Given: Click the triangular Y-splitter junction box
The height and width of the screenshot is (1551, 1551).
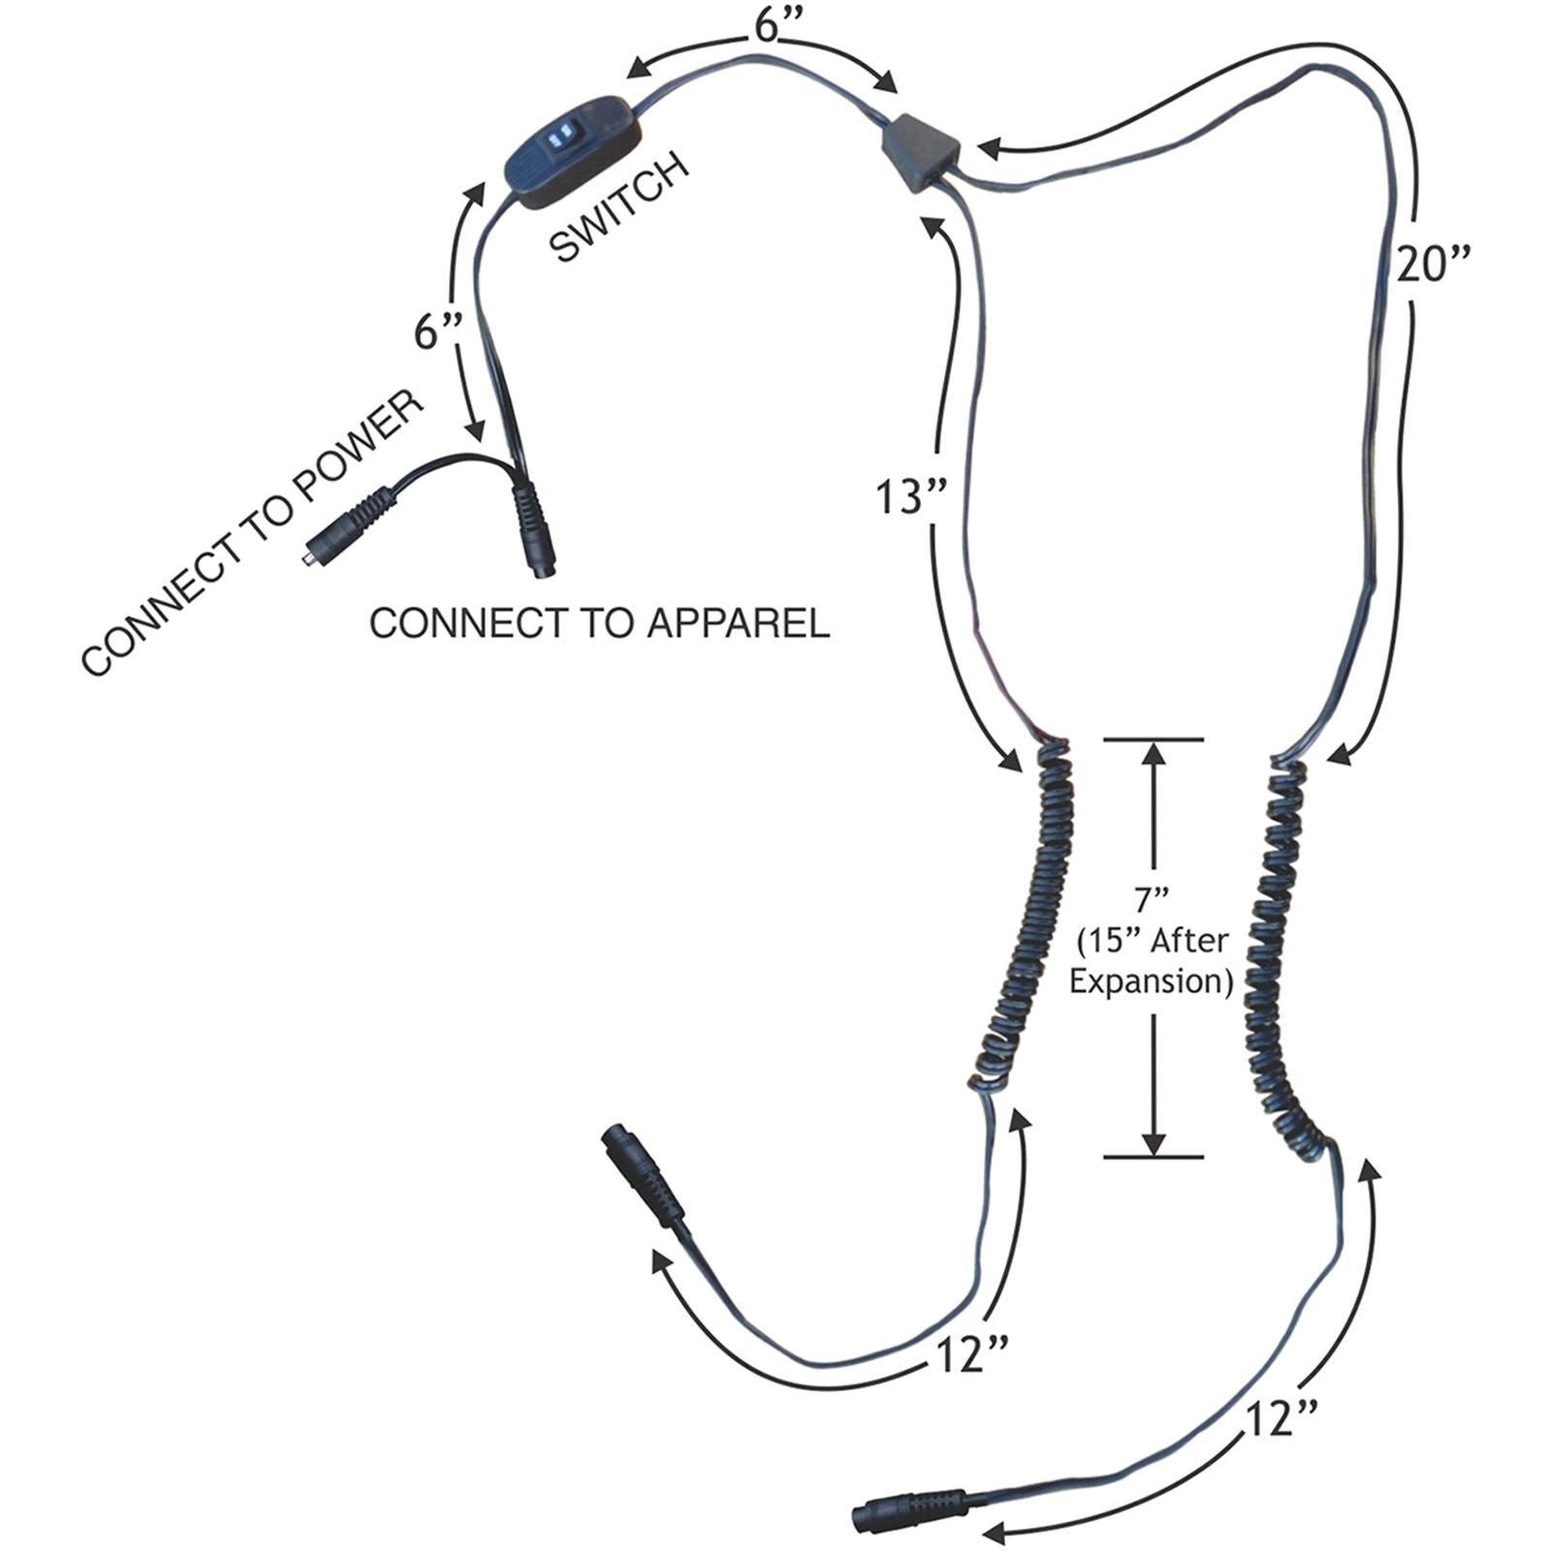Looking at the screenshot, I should [x=920, y=153].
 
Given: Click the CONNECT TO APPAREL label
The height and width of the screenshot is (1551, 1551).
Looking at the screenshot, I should [x=599, y=623].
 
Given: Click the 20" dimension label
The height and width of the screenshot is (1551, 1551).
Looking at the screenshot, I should [x=1433, y=264].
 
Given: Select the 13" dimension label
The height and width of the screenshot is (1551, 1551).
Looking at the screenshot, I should [x=910, y=498].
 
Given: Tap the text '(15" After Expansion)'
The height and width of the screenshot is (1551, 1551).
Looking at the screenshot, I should [x=1151, y=961].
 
